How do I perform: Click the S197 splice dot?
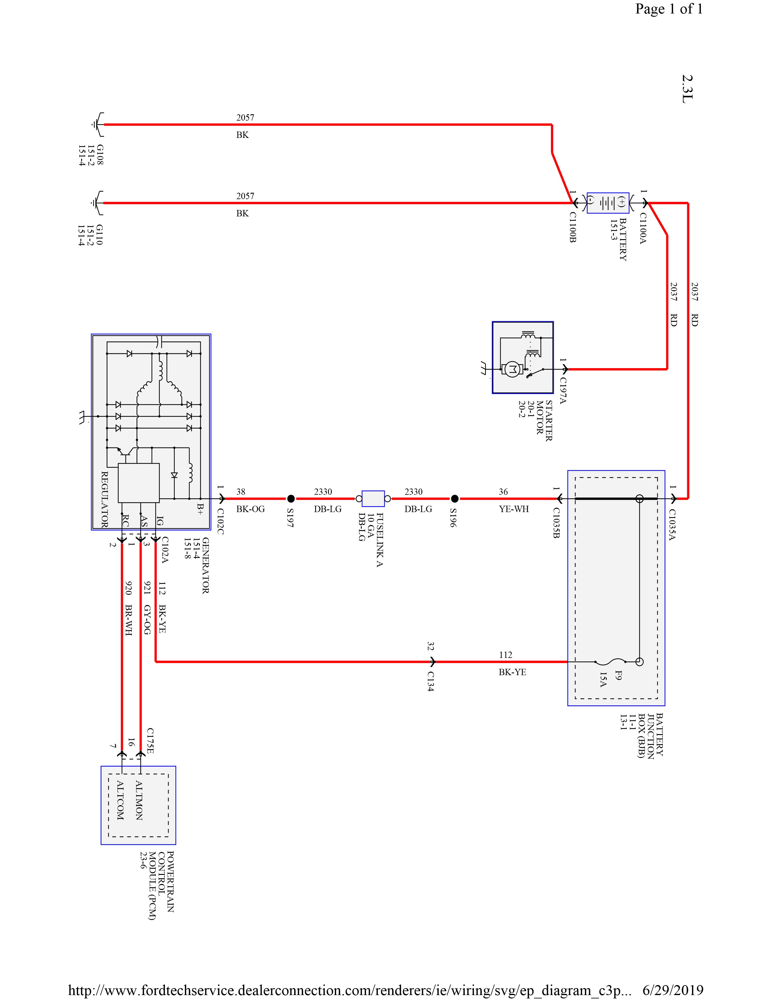[291, 499]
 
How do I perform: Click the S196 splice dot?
[455, 499]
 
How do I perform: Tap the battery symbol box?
[608, 203]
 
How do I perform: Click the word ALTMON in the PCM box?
[139, 800]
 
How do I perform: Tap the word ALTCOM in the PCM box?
[120, 800]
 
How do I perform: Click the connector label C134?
[431, 681]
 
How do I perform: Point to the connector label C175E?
[150, 741]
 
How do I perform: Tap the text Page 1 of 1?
[669, 9]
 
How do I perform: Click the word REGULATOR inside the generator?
[104, 499]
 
